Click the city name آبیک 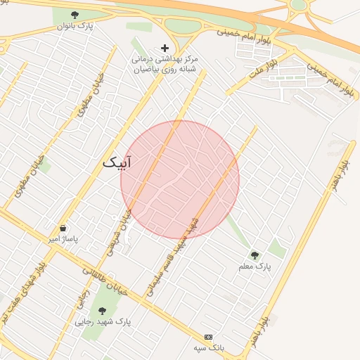pos(117,162)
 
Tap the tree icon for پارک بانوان pos(75,15)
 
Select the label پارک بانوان pos(75,26)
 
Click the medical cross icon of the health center pos(165,48)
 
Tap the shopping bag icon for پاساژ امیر pos(63,229)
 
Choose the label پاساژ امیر pos(63,239)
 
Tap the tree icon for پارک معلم pos(255,255)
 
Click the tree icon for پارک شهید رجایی pos(102,310)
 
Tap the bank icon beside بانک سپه pos(208,337)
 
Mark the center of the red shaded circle pos(180,180)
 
